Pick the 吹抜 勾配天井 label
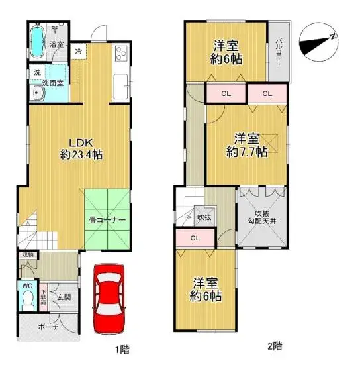[x=262, y=216]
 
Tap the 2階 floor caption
[x=275, y=346]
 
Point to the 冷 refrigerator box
[x=79, y=51]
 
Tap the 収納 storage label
[x=26, y=254]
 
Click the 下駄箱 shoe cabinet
[x=43, y=295]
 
